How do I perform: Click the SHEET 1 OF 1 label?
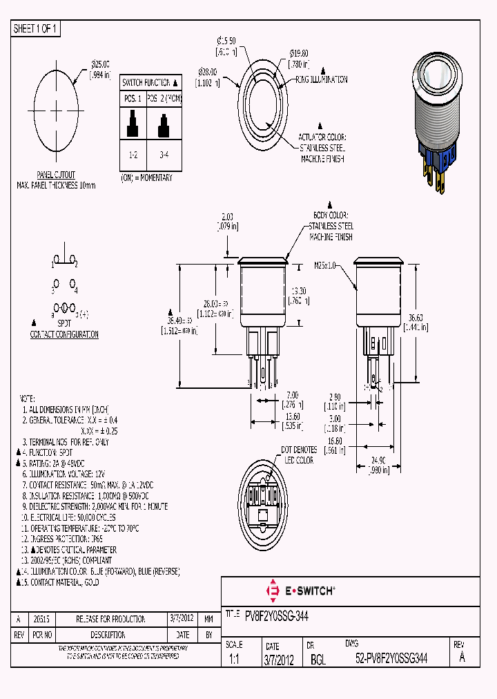tap(36, 28)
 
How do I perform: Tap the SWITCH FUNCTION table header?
tap(150, 82)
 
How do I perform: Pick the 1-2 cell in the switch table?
tap(133, 155)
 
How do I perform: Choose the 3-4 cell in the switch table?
tap(164, 155)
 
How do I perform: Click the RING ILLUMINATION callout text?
tap(322, 79)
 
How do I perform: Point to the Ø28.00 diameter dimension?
tap(208, 76)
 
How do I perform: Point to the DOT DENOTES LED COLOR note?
tap(299, 455)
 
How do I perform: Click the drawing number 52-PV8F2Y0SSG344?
tap(391, 660)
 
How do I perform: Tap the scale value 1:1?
tap(234, 660)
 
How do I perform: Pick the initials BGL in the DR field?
tap(318, 660)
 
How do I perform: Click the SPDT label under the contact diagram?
tap(64, 323)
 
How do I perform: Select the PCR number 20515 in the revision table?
tap(41, 619)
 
